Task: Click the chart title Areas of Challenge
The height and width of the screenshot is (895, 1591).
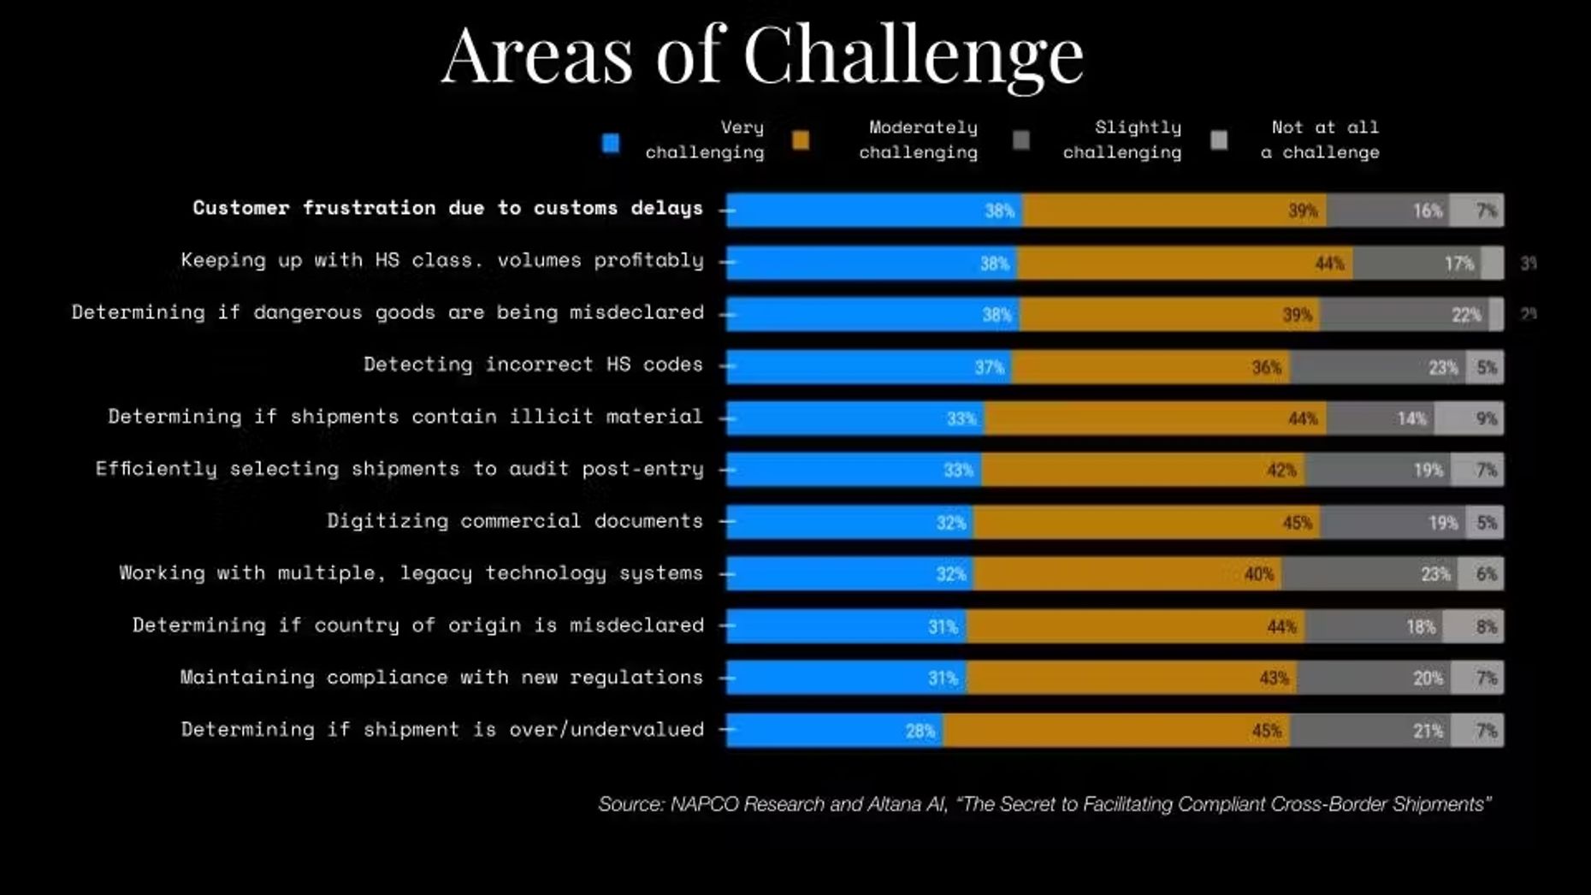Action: [x=762, y=55]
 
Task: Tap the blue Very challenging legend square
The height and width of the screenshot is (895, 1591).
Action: [x=611, y=143]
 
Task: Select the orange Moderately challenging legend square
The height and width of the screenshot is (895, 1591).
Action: [x=801, y=141]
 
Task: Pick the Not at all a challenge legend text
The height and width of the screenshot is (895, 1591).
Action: [x=1321, y=139]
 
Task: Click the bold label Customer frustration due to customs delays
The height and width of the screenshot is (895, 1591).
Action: [x=447, y=208]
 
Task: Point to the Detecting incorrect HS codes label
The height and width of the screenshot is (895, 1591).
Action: [x=533, y=365]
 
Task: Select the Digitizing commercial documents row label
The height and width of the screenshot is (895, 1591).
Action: [x=515, y=521]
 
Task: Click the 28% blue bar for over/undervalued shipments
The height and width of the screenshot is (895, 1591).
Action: [x=834, y=731]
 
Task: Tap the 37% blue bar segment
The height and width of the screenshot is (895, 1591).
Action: [x=868, y=367]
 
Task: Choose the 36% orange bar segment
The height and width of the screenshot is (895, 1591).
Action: [x=1150, y=367]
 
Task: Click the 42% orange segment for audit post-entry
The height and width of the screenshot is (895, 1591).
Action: [x=1143, y=470]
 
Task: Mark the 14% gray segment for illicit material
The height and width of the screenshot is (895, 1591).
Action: [x=1380, y=418]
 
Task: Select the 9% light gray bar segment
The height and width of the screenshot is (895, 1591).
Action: [x=1469, y=418]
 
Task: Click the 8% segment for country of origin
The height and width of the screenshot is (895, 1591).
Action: [x=1472, y=626]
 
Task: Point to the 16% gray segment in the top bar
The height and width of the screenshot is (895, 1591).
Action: [x=1387, y=210]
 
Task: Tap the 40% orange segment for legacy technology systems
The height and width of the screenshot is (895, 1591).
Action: [x=1127, y=574]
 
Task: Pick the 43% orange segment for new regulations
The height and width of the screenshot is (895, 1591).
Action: [x=1131, y=679]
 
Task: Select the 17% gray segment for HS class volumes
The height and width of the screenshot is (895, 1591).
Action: [x=1417, y=263]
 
